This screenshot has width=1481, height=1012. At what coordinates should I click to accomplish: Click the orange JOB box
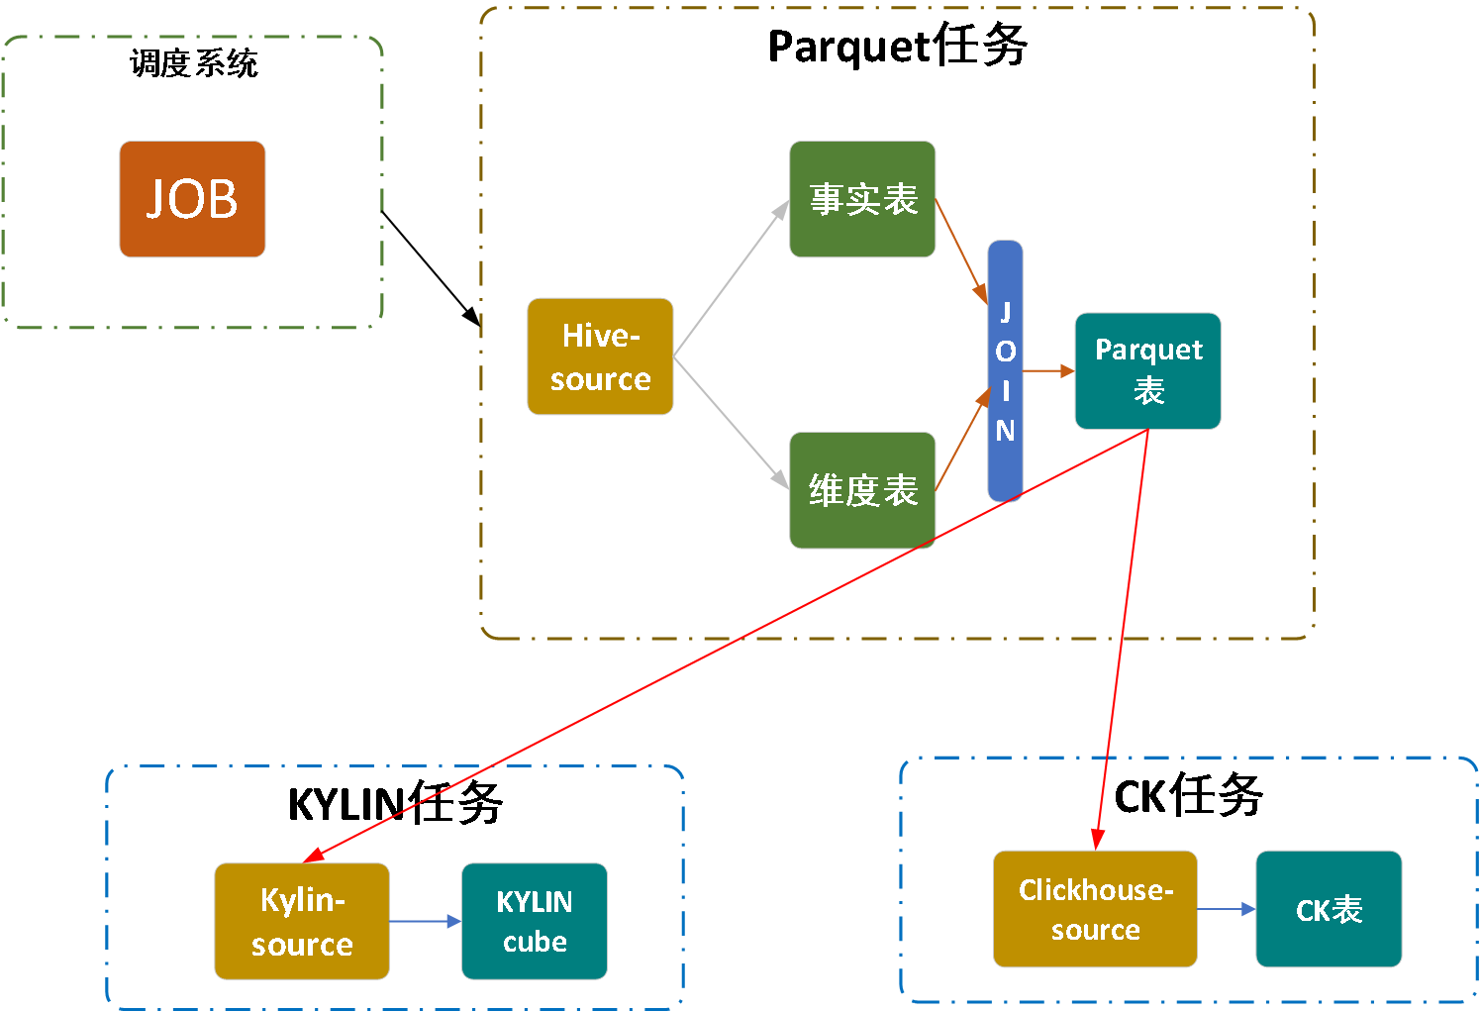192,199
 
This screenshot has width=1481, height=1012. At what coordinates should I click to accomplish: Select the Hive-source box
600,356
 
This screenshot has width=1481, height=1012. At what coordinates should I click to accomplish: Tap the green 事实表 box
862,199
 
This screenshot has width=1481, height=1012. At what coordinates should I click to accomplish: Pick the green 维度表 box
862,490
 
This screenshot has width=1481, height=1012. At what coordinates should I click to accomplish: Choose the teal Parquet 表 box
1147,371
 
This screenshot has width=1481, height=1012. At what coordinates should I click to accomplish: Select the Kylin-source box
302,921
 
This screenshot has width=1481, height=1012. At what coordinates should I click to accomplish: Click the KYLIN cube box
534,921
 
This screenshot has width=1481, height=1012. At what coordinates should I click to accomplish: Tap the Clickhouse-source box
1095,909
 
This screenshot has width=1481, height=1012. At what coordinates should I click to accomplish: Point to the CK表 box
1329,909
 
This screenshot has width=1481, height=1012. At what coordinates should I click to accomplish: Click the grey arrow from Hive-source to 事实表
731,278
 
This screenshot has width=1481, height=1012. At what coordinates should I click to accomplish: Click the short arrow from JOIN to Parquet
1048,370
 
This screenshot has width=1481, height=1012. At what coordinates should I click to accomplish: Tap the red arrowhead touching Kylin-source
315,856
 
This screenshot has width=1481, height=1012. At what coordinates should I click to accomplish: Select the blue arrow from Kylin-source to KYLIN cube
425,921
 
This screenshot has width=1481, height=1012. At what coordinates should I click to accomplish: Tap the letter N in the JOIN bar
1005,431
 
